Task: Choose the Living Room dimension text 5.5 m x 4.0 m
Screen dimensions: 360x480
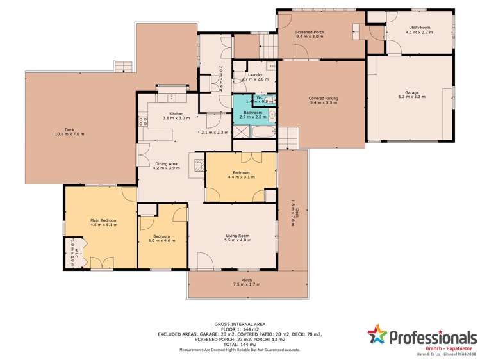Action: click(233, 240)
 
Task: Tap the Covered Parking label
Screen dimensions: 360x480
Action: click(324, 98)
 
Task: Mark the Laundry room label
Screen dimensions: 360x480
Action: click(254, 76)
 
